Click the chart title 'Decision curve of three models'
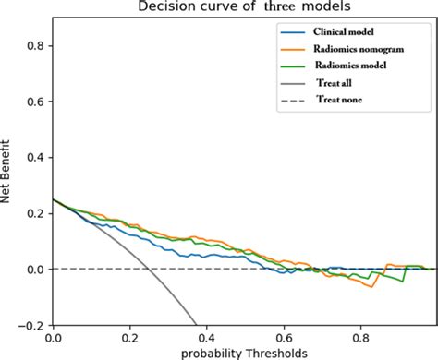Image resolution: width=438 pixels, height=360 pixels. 243,7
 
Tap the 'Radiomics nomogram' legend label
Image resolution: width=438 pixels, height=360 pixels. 357,50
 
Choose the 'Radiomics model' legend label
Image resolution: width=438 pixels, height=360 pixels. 350,67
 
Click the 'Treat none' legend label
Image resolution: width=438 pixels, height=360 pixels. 340,101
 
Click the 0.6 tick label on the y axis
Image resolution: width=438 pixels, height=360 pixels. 34,101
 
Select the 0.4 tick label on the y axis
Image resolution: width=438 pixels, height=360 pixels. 34,157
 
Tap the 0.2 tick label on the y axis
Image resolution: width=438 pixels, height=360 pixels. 34,212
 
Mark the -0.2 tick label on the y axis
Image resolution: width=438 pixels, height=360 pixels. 31,325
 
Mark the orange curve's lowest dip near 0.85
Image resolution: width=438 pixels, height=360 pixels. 372,290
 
